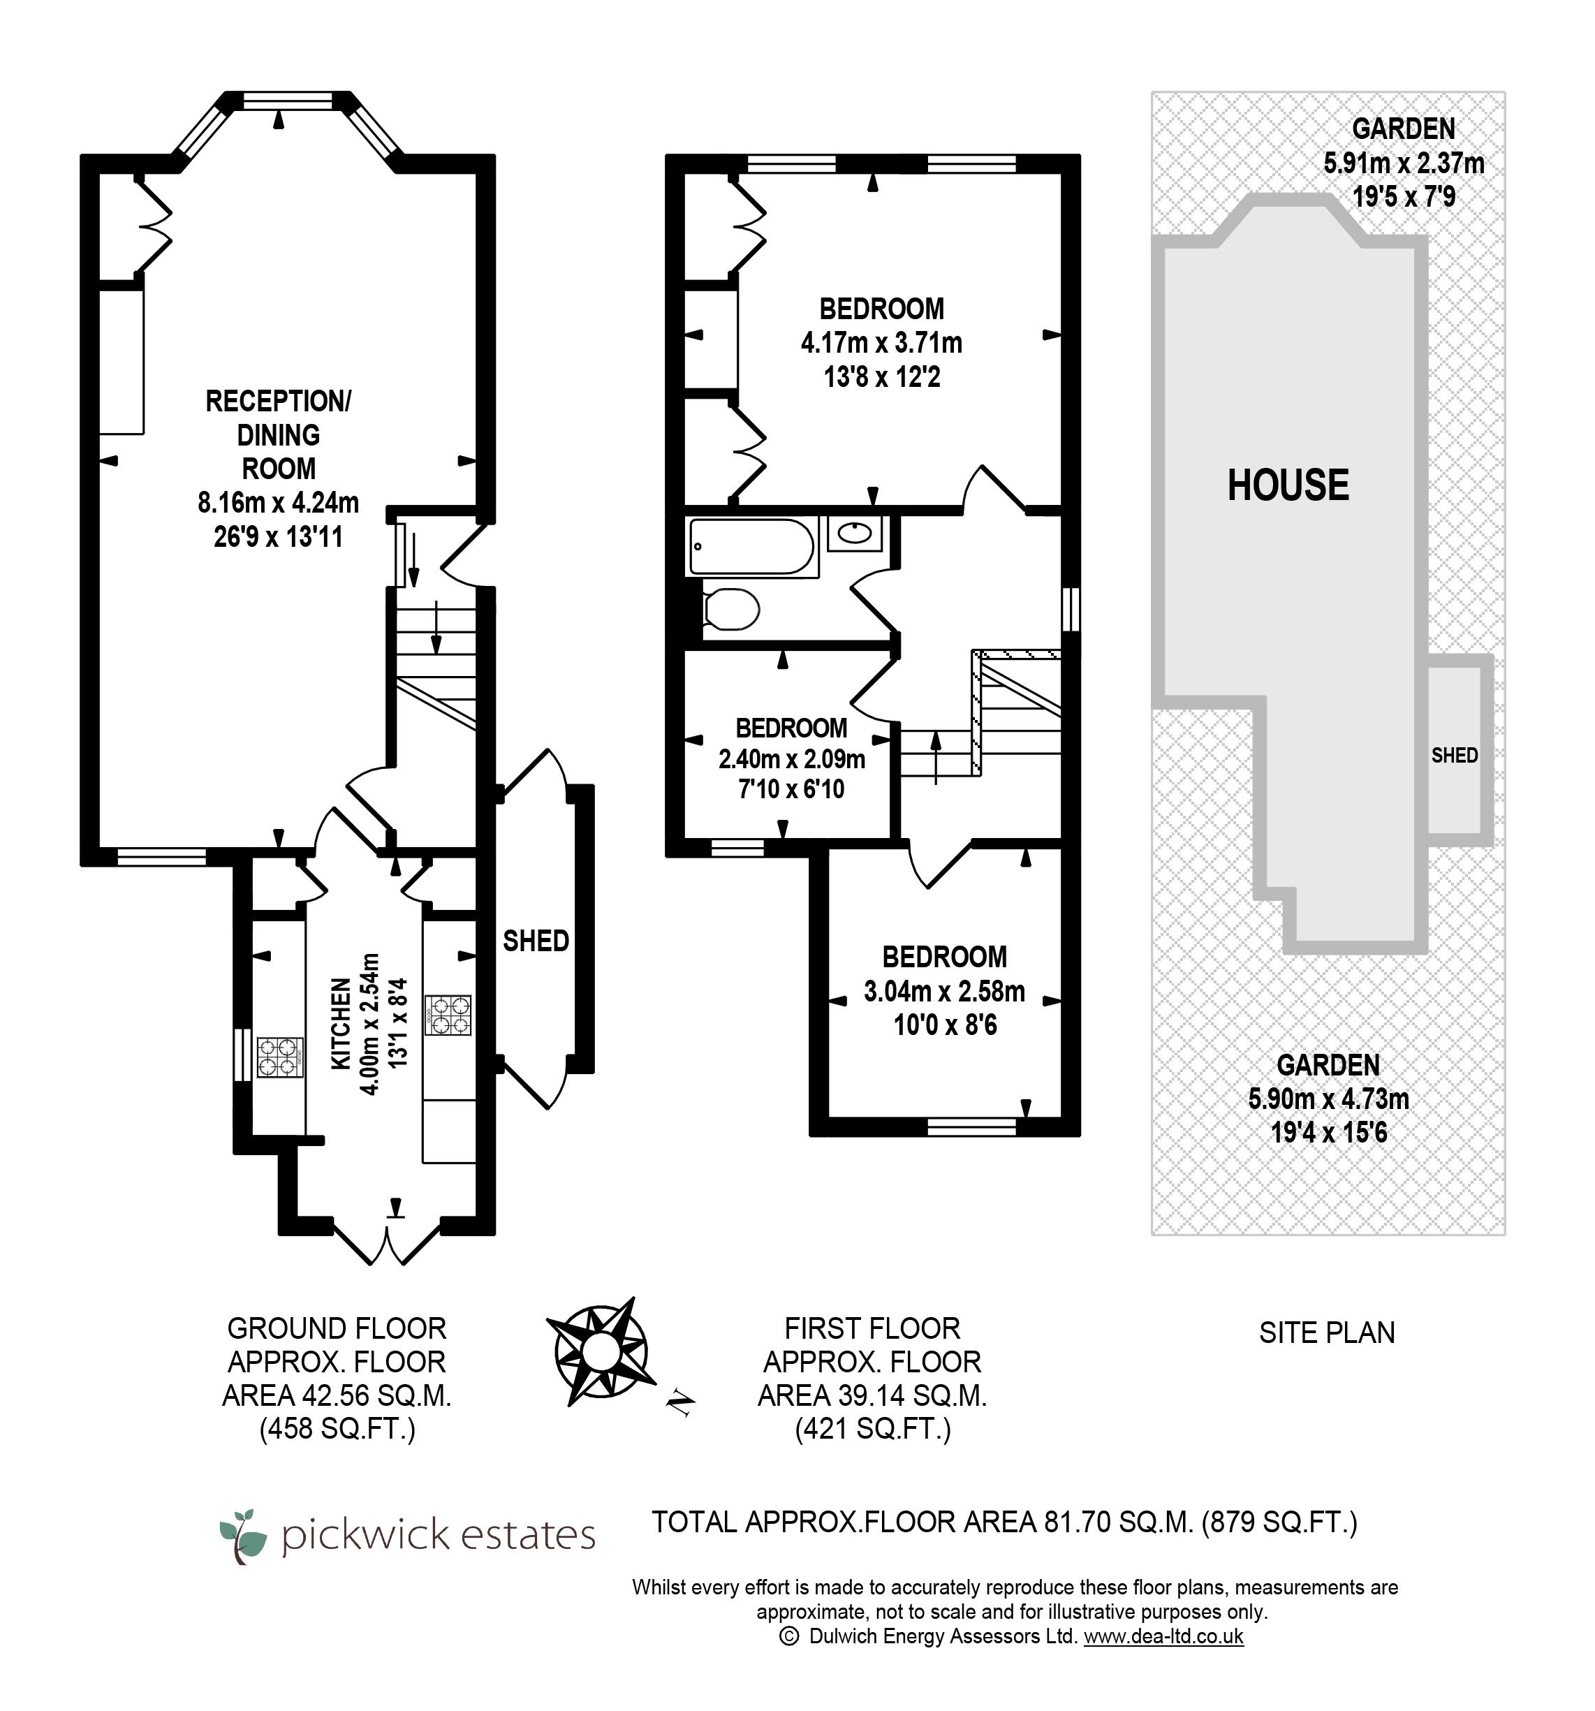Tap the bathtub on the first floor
point(751,547)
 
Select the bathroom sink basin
point(854,534)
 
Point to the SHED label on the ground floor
point(536,941)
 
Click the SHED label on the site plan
point(1455,755)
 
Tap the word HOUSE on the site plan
point(1288,485)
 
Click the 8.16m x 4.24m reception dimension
point(278,503)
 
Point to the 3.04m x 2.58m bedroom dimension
point(944,992)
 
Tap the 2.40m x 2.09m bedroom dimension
point(791,759)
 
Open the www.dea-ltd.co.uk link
point(1163,1636)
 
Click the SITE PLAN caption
point(1326,1333)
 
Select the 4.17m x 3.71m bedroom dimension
point(881,342)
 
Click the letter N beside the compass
point(680,1403)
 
